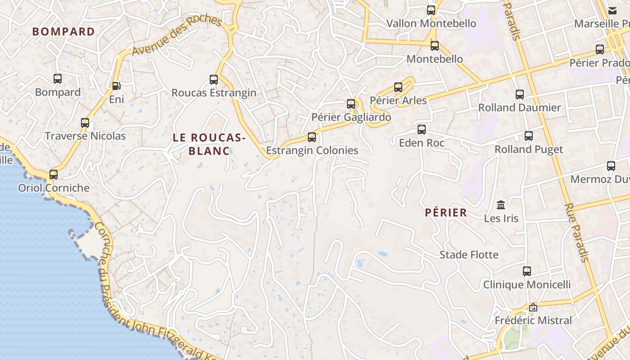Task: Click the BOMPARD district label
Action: (x=63, y=31)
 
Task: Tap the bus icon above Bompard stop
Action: (x=58, y=79)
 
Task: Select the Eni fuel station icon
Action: (x=116, y=85)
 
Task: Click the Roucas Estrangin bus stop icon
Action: (x=214, y=80)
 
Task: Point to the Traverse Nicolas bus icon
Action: (x=85, y=122)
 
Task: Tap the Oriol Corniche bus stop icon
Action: (x=54, y=174)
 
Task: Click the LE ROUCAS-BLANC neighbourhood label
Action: (x=209, y=144)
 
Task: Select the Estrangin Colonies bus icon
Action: (x=311, y=137)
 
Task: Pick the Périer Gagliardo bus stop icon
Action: (x=351, y=104)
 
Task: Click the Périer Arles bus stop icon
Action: (x=398, y=87)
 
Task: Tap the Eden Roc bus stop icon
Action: (x=422, y=130)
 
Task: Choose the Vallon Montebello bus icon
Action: (x=431, y=10)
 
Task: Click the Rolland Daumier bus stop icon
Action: (x=520, y=94)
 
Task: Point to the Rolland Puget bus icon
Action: (x=529, y=136)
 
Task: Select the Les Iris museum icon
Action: (x=501, y=205)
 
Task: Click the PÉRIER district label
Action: (x=446, y=213)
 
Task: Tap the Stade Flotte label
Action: (x=469, y=255)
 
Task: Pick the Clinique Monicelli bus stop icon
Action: (x=527, y=271)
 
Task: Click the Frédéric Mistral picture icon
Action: (x=533, y=307)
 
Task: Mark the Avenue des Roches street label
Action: (x=177, y=36)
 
